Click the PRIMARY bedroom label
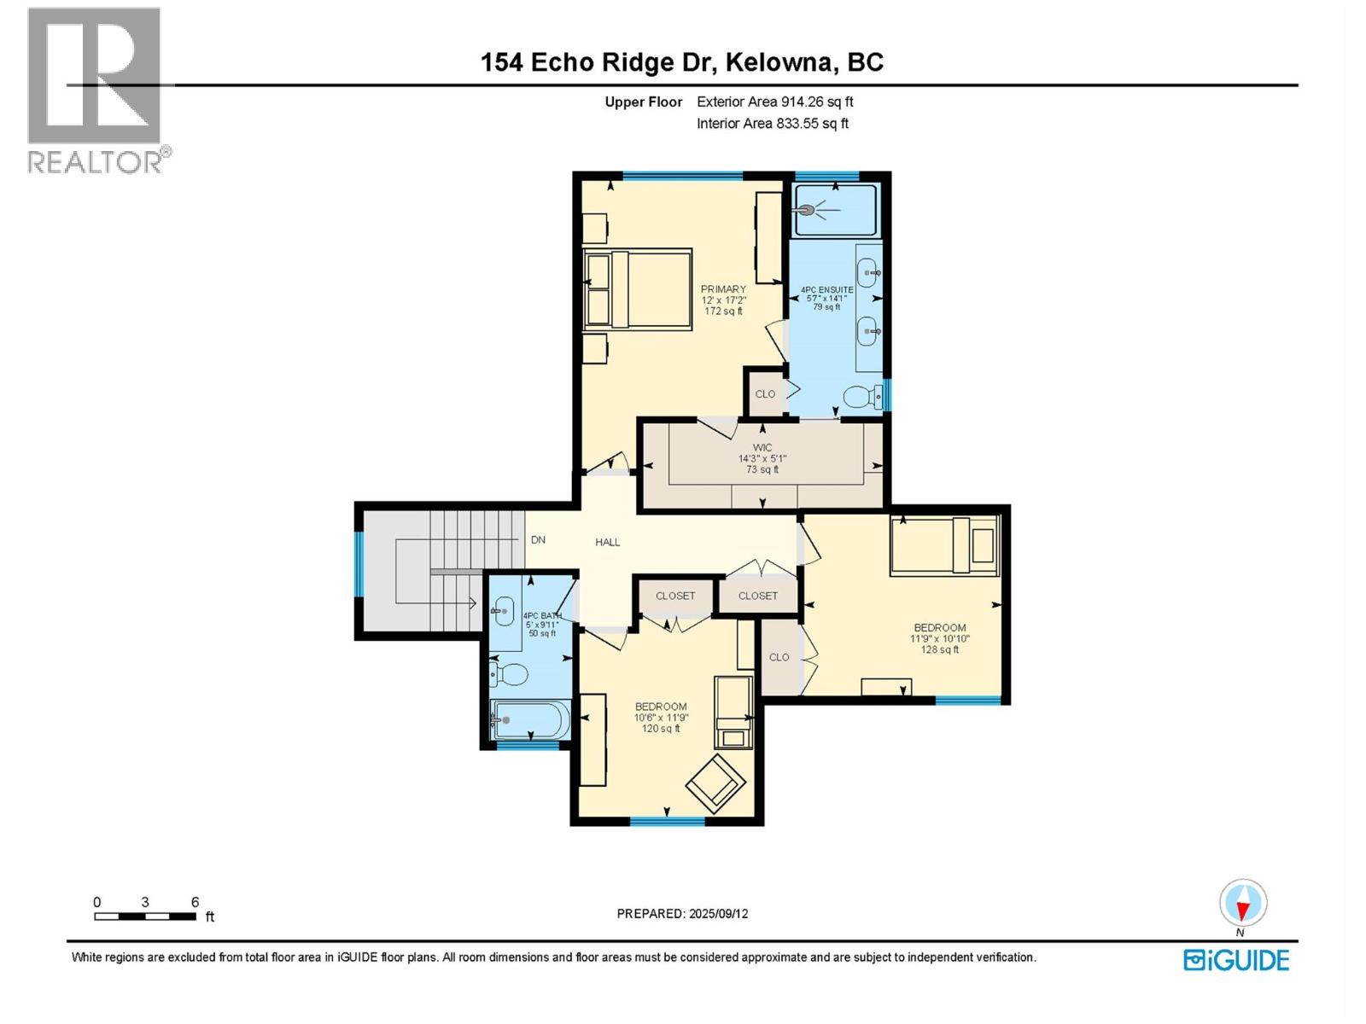pos(723,289)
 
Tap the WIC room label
pos(762,448)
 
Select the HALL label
pos(608,542)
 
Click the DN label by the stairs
pos(538,540)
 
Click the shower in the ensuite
pos(835,210)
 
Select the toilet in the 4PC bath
pos(509,675)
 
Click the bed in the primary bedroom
pos(637,289)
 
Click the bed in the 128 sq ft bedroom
pos(944,545)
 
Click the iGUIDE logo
pos(1236,960)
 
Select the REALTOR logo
pos(96,90)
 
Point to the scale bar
pos(145,916)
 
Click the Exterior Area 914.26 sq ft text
pos(774,102)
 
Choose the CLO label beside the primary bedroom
pos(765,394)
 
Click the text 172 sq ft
pos(723,311)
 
